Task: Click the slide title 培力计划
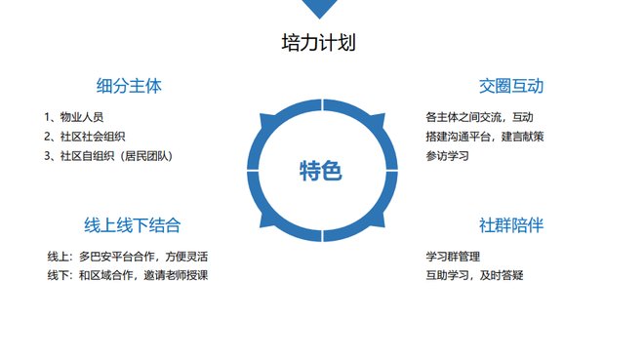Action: [318, 43]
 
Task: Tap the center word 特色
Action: [321, 171]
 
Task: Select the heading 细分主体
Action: [129, 86]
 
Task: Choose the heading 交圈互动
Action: [511, 86]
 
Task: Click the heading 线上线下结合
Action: [133, 225]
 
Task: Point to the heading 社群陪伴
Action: [511, 225]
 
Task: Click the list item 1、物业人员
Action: [74, 117]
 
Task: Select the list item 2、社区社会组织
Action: [85, 137]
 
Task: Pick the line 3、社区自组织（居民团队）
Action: [108, 156]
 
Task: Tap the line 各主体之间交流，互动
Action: [479, 117]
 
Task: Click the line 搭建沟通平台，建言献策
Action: [485, 137]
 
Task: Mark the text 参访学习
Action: [447, 156]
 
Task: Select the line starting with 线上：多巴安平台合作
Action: [128, 257]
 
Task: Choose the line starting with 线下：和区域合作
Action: [128, 275]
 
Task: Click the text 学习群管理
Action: [453, 257]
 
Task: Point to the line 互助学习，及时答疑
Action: [474, 275]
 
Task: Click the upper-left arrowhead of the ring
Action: [267, 122]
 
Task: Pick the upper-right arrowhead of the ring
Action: [378, 121]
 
